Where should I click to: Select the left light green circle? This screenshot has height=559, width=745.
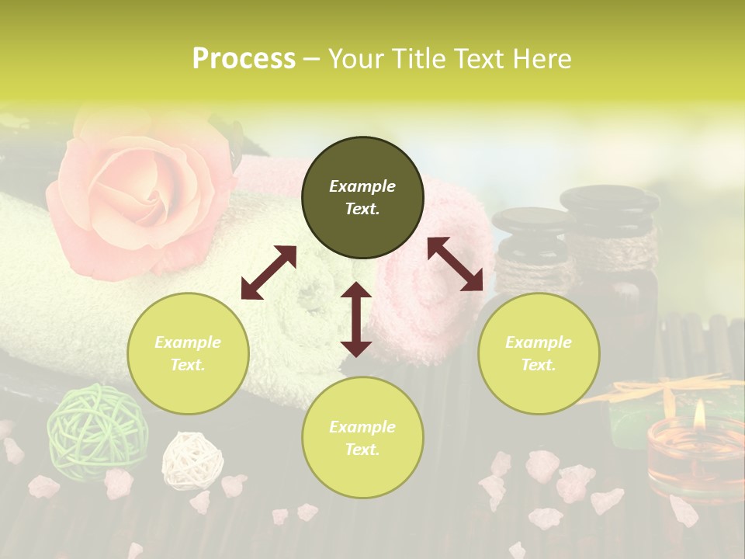coord(188,353)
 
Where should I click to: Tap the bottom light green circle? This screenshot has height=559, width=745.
coord(362,438)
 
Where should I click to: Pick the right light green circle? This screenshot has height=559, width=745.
coord(539,353)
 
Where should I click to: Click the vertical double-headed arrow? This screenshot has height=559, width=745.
coord(356,319)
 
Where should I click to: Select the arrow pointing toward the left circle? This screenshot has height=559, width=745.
coord(269,273)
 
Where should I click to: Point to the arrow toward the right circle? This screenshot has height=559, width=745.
coord(455,264)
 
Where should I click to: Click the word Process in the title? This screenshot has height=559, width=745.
coord(244,59)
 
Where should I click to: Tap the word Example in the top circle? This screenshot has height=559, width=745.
coord(362,186)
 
